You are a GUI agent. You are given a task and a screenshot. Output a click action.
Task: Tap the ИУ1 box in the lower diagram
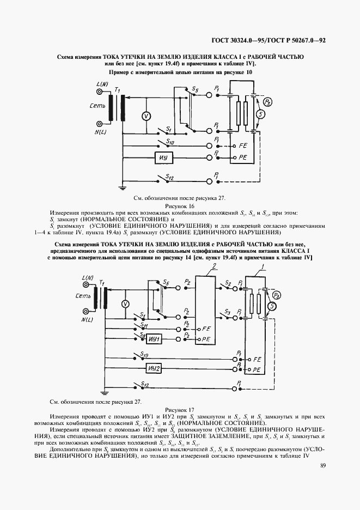pos(154,339)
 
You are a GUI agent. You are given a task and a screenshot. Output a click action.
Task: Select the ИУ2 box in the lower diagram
pos(154,368)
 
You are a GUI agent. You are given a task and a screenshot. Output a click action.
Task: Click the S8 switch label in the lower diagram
pos(142,334)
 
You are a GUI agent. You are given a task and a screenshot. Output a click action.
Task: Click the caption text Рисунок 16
pos(180,206)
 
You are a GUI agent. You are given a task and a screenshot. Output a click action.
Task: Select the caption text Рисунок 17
pos(180,409)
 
